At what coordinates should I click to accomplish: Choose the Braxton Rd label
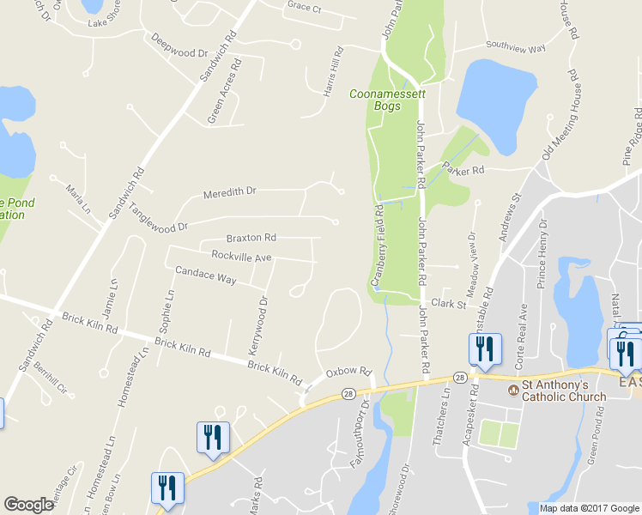coord(251,237)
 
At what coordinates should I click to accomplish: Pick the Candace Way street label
coord(205,277)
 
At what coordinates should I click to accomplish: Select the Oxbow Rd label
coord(348,373)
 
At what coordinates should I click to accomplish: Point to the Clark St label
coord(448,304)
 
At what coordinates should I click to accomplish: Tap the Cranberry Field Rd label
coord(376,244)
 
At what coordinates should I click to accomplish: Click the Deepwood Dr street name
coord(179,45)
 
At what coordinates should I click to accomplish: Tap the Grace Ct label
coord(304,7)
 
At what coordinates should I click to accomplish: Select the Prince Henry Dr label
coord(542,253)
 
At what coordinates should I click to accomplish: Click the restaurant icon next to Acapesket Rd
coord(482,349)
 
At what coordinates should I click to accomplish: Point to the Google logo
coord(28,505)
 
